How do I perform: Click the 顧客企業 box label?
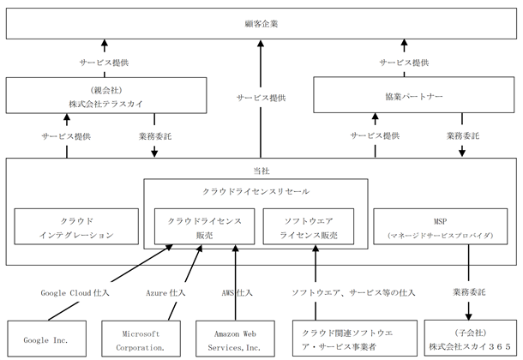(x=261, y=24)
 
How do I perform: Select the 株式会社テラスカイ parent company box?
(x=106, y=95)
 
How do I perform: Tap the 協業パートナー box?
(x=414, y=95)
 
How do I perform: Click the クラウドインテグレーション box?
(x=76, y=226)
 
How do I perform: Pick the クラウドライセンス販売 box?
(x=204, y=226)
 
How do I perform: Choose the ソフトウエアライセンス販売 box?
(x=309, y=226)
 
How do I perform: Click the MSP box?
(x=441, y=226)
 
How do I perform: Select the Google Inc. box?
(x=46, y=339)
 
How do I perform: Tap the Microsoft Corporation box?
(x=141, y=339)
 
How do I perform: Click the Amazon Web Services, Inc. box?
(x=235, y=339)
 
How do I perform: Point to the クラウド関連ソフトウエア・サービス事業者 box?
(x=355, y=339)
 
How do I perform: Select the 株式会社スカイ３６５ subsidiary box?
(x=471, y=339)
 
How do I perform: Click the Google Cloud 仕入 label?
(x=75, y=293)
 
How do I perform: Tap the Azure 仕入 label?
(x=165, y=293)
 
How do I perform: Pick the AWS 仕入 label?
(x=237, y=293)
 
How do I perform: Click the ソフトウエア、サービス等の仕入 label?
(x=353, y=293)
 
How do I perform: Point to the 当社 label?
(x=261, y=171)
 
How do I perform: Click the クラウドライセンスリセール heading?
(x=255, y=192)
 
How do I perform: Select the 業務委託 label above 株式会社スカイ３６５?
(x=469, y=292)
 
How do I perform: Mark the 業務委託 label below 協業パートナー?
(x=463, y=136)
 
